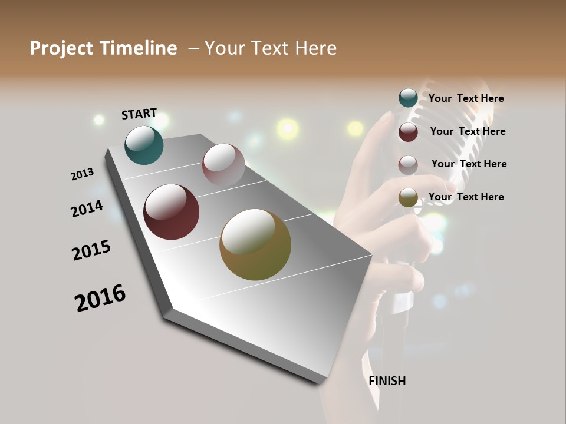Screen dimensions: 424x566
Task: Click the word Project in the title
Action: [x=61, y=48]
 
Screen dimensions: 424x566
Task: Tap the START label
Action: [x=139, y=114]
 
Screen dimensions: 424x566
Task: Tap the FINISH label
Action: [x=387, y=381]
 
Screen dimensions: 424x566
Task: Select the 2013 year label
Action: [x=82, y=174]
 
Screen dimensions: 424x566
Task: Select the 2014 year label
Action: [x=87, y=208]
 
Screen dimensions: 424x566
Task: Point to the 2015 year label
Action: [x=91, y=250]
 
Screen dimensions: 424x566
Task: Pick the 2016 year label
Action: [x=100, y=297]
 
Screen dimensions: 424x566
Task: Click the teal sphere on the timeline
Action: [x=144, y=145]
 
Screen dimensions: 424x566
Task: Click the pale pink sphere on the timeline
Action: [x=223, y=165]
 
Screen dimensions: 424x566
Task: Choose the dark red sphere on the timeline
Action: [x=171, y=212]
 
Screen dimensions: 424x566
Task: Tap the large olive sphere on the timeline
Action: [x=255, y=244]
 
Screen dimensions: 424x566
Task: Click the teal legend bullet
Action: [x=408, y=98]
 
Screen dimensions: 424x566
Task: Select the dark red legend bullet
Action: [x=408, y=132]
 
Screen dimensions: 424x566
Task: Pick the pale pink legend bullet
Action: [x=408, y=164]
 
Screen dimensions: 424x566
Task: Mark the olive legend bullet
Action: [x=408, y=197]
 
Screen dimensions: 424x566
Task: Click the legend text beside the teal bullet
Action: [x=466, y=98]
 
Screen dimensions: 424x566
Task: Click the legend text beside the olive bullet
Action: [x=466, y=197]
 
